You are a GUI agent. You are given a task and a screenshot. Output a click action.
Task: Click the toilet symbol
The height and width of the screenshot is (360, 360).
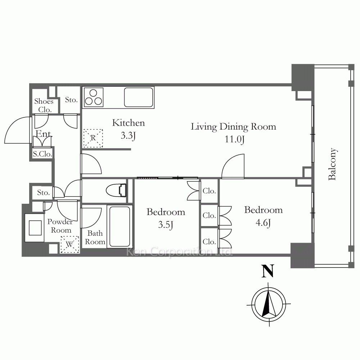(116, 190)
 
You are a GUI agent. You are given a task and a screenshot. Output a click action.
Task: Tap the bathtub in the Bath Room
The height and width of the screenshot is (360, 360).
(120, 226)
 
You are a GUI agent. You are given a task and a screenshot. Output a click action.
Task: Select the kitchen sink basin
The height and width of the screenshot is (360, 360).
(139, 97)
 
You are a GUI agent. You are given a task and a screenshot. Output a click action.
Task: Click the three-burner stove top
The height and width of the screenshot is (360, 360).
(94, 97)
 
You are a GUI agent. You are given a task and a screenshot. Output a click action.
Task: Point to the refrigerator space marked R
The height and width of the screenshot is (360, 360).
(93, 138)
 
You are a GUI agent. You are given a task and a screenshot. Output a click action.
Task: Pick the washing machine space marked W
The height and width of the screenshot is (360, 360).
(69, 244)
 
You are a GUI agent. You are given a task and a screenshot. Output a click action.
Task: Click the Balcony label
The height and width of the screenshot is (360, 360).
(332, 164)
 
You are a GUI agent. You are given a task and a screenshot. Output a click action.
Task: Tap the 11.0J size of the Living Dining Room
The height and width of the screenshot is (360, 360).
(234, 139)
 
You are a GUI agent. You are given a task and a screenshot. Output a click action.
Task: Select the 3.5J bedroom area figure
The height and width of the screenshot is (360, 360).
(166, 225)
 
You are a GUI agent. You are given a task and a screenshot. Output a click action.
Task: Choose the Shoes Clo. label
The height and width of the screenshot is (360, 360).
(44, 105)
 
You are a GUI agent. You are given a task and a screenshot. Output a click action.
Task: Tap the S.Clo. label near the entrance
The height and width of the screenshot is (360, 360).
(42, 154)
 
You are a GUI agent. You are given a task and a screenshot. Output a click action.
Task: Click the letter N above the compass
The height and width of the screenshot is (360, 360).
(268, 271)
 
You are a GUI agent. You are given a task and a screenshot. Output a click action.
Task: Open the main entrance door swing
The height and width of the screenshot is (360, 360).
(17, 130)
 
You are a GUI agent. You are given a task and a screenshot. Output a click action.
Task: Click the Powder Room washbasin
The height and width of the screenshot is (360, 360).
(35, 228)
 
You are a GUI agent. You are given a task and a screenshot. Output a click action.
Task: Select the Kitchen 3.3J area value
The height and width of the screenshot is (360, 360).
(128, 136)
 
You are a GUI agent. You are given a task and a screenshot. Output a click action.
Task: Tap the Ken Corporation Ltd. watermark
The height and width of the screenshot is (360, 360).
(180, 252)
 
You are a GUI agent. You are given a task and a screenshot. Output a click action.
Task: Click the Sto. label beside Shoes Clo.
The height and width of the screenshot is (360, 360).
(71, 100)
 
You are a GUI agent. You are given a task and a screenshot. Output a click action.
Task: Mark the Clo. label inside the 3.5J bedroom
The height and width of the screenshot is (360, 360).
(209, 191)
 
